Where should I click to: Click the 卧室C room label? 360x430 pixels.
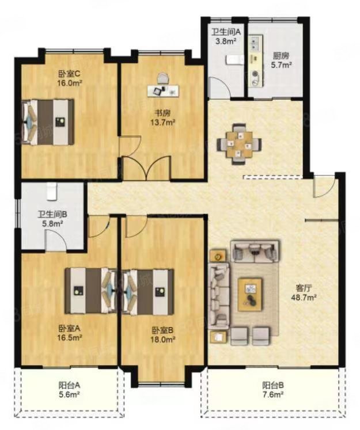(x=69, y=74)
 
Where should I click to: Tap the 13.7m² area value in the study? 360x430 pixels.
(x=162, y=122)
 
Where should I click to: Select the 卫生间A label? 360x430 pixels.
(x=226, y=32)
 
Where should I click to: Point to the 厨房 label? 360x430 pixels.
(x=281, y=56)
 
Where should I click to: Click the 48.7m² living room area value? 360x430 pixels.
(x=304, y=297)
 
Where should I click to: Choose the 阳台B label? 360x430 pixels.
(x=273, y=386)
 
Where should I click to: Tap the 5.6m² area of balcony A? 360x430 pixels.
(x=69, y=394)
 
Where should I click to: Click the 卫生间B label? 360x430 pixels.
(x=52, y=214)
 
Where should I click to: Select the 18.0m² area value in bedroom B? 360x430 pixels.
(x=162, y=340)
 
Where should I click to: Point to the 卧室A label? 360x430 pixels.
(x=69, y=328)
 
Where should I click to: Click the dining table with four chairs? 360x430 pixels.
(x=239, y=144)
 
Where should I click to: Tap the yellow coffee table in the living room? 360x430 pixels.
(x=249, y=294)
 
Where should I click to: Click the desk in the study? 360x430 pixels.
(x=163, y=91)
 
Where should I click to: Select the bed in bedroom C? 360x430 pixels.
(x=48, y=122)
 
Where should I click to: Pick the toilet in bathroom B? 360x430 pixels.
(x=51, y=191)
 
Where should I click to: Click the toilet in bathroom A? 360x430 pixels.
(x=234, y=59)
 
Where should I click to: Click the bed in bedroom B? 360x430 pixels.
(x=147, y=292)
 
